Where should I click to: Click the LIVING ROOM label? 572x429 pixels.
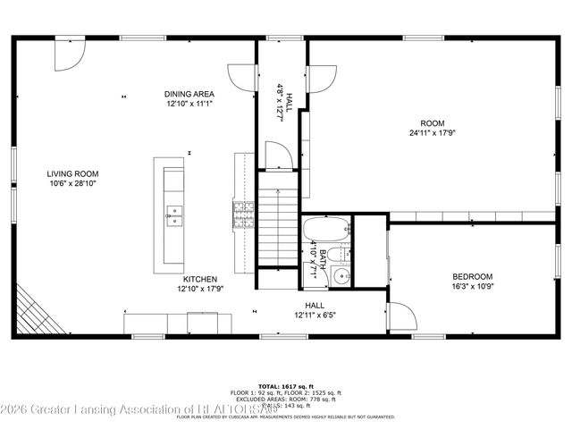point(73,173)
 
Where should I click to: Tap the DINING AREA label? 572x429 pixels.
point(189,94)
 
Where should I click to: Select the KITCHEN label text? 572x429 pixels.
point(200,279)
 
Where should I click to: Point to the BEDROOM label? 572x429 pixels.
point(472,276)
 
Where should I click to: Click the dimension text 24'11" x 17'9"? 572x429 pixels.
point(432,133)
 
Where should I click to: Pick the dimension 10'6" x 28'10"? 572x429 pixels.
point(73,183)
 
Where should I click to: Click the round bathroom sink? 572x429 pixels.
point(341,276)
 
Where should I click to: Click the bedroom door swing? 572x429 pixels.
point(400,317)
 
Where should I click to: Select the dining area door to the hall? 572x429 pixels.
point(241,79)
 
